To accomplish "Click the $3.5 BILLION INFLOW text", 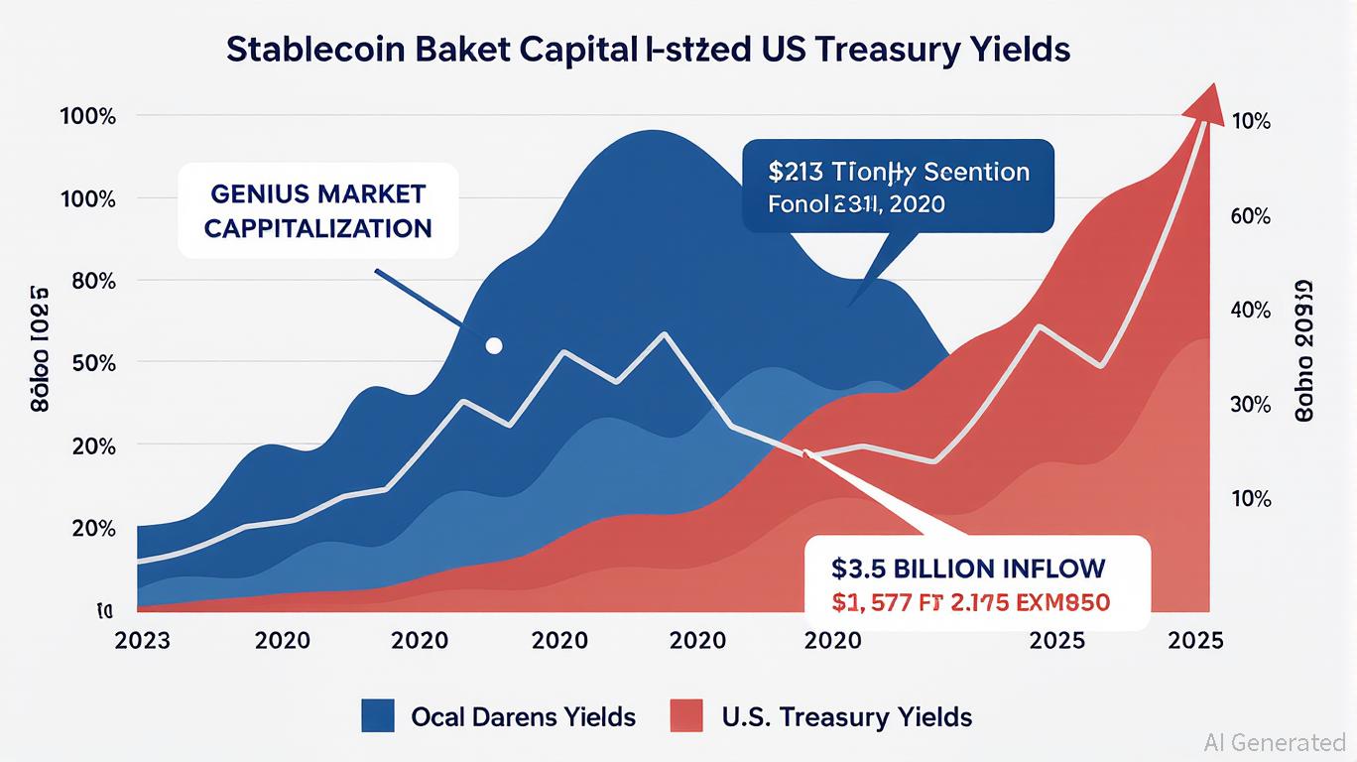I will click(x=968, y=569).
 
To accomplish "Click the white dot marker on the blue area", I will click(x=494, y=345).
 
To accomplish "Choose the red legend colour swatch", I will click(x=686, y=715).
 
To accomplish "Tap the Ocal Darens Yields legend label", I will click(x=523, y=716).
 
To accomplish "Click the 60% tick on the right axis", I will click(x=1250, y=216).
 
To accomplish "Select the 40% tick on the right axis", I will click(x=1250, y=311).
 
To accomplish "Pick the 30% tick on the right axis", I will click(x=1250, y=405).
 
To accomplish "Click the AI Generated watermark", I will click(x=1274, y=742).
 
